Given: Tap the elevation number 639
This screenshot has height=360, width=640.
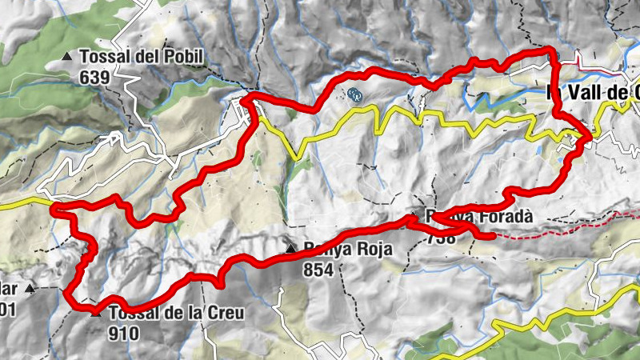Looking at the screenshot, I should click(94, 78).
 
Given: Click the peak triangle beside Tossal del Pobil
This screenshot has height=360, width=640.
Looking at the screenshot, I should click(67, 57).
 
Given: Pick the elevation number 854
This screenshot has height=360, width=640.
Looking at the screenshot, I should click(318, 270).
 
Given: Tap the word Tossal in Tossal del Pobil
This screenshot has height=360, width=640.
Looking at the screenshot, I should click(102, 57).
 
